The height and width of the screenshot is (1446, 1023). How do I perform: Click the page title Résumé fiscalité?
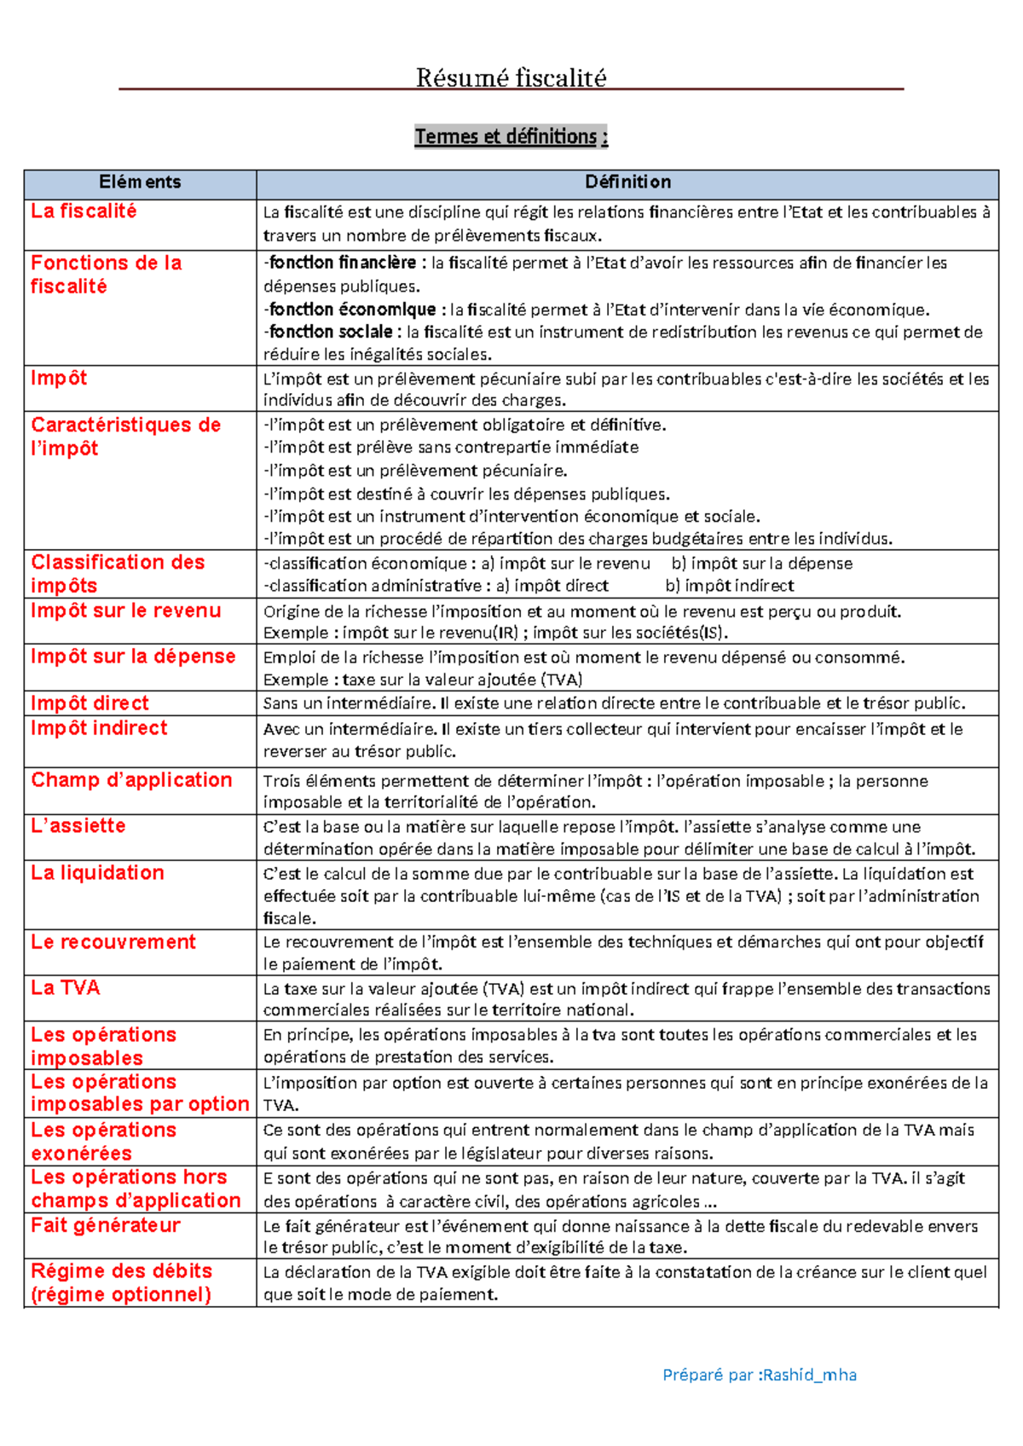coord(511,78)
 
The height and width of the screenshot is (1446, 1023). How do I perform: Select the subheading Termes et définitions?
coord(511,136)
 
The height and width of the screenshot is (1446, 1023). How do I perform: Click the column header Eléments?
coord(140,182)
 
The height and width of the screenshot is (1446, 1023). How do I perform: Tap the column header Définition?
coord(627,182)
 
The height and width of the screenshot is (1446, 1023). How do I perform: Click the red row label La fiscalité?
coord(84,211)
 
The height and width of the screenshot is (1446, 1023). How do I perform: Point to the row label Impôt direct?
coord(90,703)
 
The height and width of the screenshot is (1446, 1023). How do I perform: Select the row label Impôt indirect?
coord(99,728)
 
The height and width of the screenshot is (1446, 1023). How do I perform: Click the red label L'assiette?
coord(78,825)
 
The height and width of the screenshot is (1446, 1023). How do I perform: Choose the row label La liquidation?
coord(97,873)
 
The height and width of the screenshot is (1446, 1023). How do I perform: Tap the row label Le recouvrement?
coord(113,942)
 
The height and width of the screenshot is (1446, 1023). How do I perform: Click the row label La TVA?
coord(66,988)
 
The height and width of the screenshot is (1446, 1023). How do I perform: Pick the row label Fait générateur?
coord(106,1225)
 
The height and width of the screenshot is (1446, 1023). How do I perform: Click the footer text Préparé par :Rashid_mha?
coord(760,1374)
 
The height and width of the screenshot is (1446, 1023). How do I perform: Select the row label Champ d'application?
coord(131,780)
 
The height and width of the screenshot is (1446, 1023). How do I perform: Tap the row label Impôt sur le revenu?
coord(126,610)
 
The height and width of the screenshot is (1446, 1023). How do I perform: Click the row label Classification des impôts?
coord(118,574)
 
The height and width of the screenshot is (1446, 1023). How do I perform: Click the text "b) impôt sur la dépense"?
coord(761,564)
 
